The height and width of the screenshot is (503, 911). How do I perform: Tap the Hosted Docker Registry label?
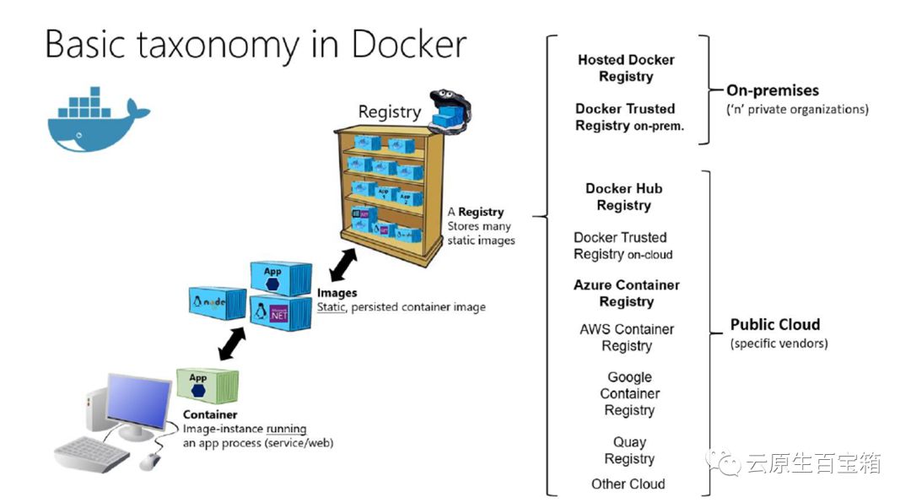tap(626, 68)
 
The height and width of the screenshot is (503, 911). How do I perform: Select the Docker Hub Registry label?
tap(624, 197)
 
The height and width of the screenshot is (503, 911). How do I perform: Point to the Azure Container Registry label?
tap(627, 293)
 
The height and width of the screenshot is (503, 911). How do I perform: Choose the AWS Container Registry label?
tap(627, 337)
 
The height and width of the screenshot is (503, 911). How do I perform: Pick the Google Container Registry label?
tap(629, 393)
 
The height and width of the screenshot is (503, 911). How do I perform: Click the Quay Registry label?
tap(629, 450)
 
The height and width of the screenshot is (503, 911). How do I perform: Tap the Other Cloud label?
tap(628, 484)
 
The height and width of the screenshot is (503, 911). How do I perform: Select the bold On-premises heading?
tap(773, 90)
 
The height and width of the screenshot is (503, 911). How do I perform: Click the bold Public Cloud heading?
tap(774, 324)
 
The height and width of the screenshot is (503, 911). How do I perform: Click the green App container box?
tap(207, 387)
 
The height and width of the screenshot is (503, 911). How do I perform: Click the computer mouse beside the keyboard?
tap(149, 461)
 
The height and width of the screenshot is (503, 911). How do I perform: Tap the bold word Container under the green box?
tap(210, 414)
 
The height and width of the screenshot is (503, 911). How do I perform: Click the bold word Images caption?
tap(337, 293)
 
